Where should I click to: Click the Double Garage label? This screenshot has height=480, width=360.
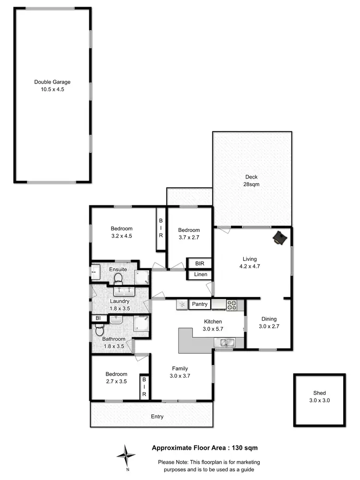(x=52, y=85)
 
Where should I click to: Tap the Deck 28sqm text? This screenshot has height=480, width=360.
(x=252, y=180)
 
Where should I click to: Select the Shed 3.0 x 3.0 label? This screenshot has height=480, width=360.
(x=319, y=396)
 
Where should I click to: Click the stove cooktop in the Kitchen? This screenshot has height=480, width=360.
(x=232, y=304)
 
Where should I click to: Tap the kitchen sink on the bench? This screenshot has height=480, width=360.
(x=225, y=342)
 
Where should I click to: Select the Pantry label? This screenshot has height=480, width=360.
(x=199, y=304)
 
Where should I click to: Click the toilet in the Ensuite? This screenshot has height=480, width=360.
(x=119, y=278)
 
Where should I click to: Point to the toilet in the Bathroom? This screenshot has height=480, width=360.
(x=99, y=330)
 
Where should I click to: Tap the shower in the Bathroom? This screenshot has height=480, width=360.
(x=141, y=324)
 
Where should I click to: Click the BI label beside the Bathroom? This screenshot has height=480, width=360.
(x=98, y=318)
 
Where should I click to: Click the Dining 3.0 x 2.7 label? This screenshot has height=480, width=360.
(x=269, y=322)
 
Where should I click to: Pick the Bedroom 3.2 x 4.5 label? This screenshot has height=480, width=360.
(x=121, y=232)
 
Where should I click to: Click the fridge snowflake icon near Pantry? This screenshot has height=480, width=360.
(x=182, y=304)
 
